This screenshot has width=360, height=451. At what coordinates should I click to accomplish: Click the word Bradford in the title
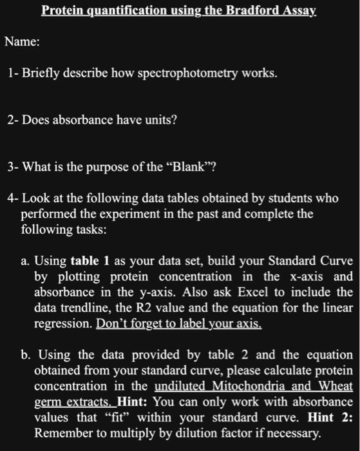tap(236, 10)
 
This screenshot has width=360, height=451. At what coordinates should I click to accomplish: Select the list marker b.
tap(26, 355)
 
